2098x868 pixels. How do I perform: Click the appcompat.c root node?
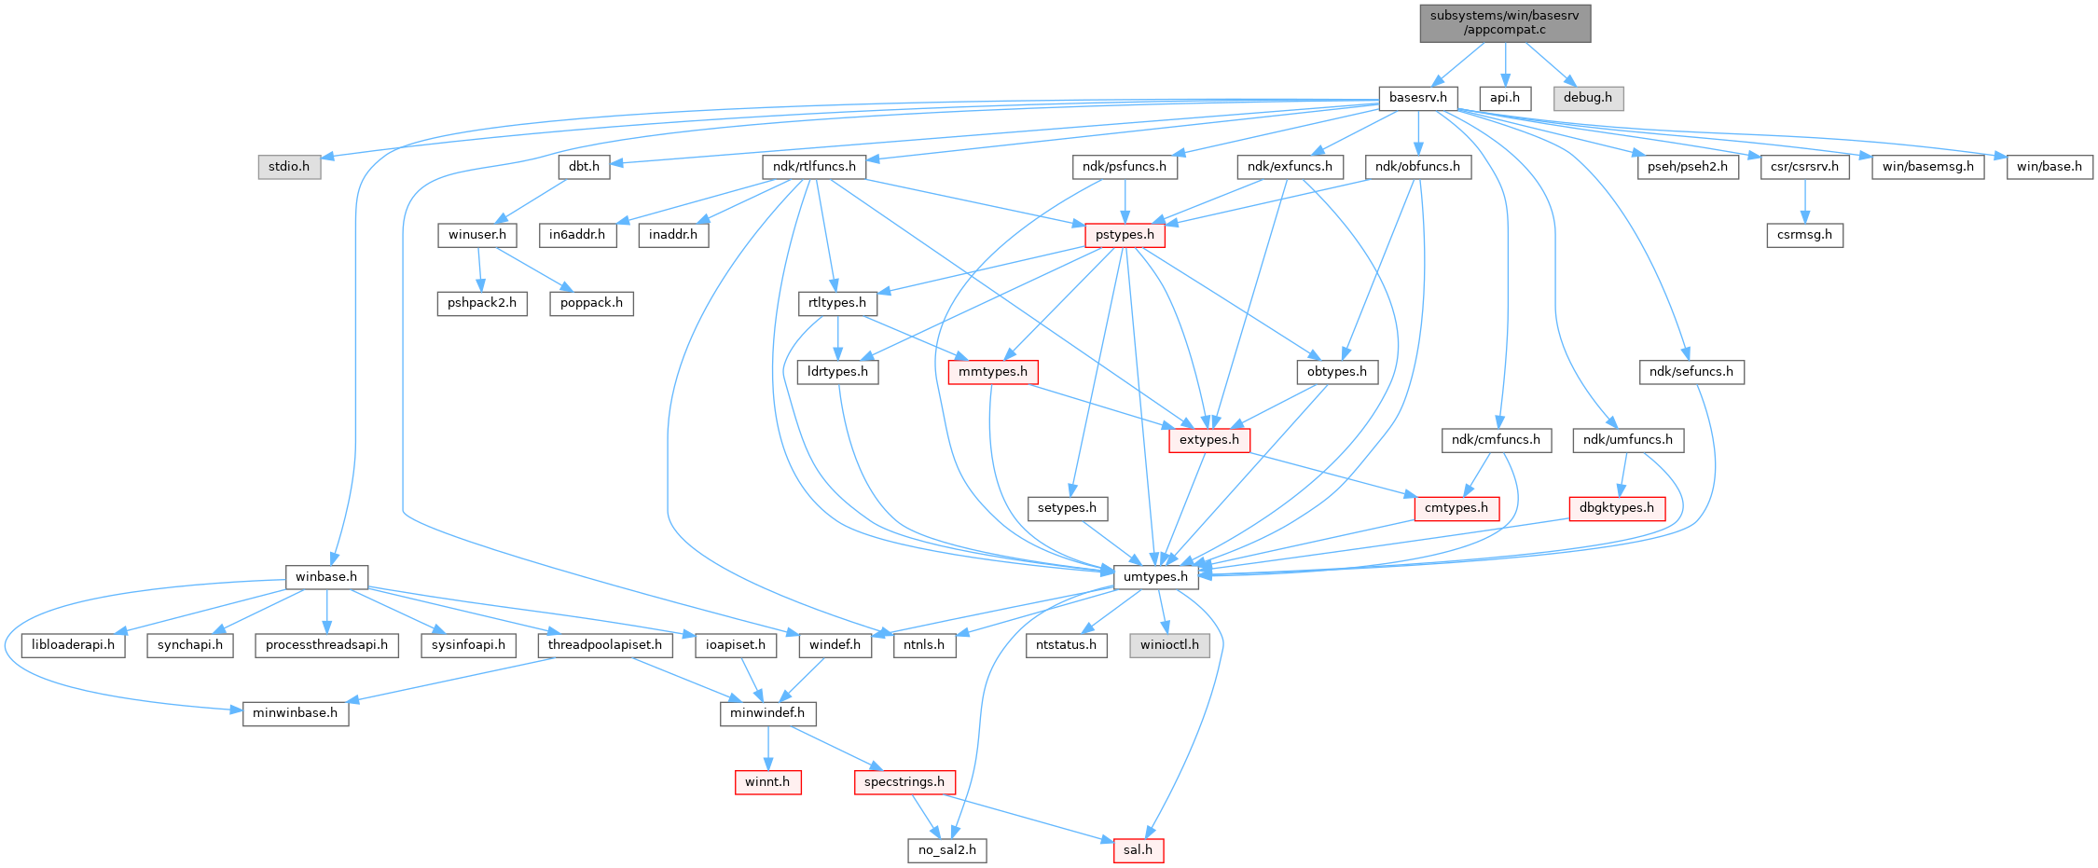click(x=1505, y=22)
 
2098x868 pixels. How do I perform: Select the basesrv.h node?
click(x=1417, y=98)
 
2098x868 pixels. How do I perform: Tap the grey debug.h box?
click(x=1587, y=98)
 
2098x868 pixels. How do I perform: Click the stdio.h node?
click(x=289, y=167)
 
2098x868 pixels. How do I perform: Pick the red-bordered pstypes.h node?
click(x=1125, y=235)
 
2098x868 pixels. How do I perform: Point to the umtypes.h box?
click(x=1155, y=577)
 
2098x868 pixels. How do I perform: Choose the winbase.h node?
click(x=326, y=577)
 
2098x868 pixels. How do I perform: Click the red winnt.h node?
click(x=767, y=782)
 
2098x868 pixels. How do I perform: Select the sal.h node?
click(x=1138, y=850)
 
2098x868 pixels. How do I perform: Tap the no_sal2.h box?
click(x=947, y=850)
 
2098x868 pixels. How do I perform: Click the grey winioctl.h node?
click(x=1170, y=645)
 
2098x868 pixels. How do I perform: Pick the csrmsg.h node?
click(x=1804, y=235)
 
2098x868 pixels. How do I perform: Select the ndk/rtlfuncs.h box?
click(x=814, y=167)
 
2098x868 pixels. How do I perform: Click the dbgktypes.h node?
click(x=1617, y=508)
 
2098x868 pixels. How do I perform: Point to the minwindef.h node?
click(x=767, y=714)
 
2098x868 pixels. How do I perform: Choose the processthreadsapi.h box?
click(x=326, y=645)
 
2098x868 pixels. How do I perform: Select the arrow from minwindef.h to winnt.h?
click(x=767, y=748)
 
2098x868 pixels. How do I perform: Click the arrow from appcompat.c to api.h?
click(x=1505, y=64)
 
